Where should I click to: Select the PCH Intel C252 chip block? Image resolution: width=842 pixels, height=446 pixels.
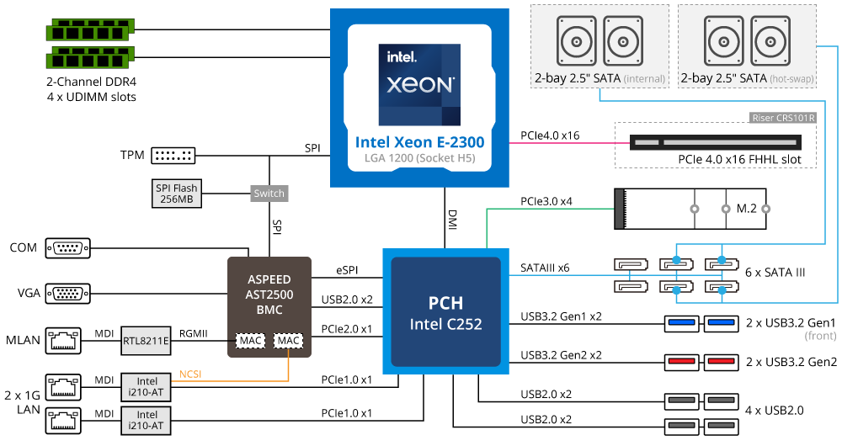coord(445,311)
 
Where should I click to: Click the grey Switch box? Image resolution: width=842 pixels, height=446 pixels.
coord(269,193)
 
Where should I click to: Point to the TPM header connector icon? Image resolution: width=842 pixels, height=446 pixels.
coord(174,156)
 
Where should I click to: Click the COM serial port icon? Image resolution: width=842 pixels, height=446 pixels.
coord(68,248)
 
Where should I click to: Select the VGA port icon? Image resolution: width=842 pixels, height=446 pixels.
coord(68,294)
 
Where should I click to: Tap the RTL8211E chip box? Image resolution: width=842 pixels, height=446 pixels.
coord(147,340)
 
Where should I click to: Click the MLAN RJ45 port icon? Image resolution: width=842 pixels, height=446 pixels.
coord(65,340)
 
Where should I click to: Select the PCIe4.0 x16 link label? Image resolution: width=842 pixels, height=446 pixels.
coord(549,135)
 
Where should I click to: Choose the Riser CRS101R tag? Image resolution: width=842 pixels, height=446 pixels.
coord(782,118)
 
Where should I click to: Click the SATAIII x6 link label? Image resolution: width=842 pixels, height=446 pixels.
coord(545,268)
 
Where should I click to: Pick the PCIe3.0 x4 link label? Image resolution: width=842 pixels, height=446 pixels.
coord(546,202)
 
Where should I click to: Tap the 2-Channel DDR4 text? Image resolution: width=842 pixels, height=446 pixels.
coord(91,82)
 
